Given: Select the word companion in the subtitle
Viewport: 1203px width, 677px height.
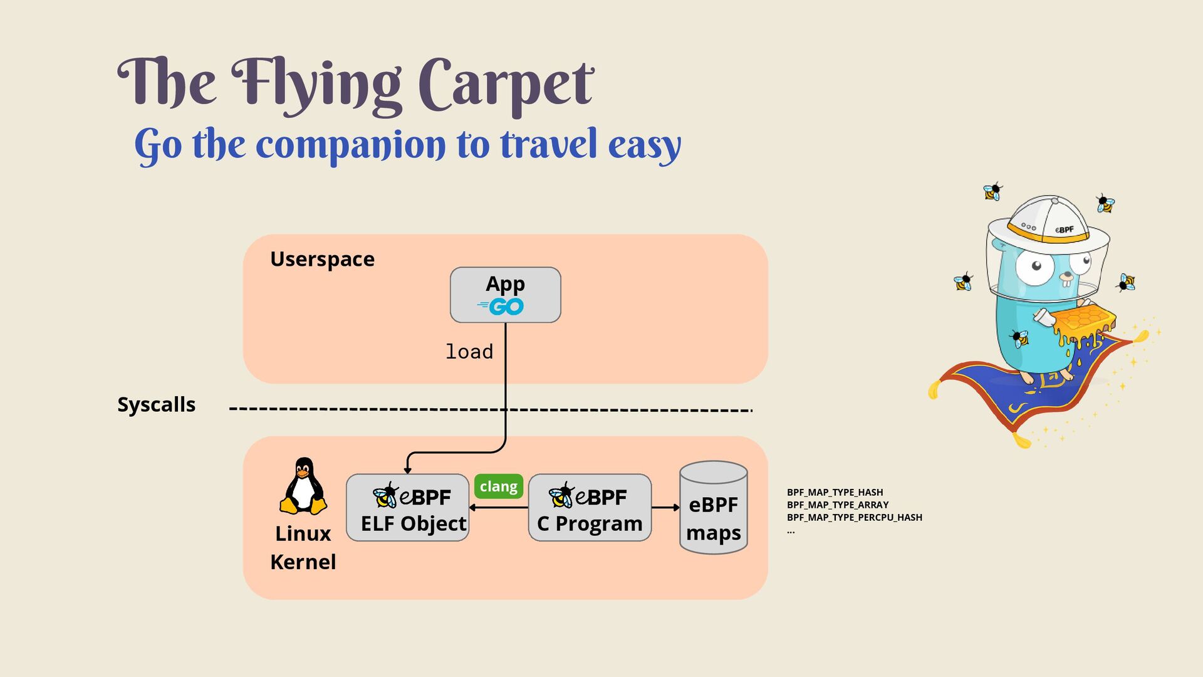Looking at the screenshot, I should tap(351, 145).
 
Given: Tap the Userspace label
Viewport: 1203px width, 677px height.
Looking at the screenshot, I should tap(322, 259).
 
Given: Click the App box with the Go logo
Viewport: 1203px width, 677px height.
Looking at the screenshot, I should tap(505, 295).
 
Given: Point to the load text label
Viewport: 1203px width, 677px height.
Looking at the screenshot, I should tap(469, 352).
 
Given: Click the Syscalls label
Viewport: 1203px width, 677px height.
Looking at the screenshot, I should tap(157, 404).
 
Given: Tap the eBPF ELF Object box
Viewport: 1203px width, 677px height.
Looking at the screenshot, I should tap(408, 508).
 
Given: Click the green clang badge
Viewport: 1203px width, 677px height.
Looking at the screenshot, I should tap(499, 486).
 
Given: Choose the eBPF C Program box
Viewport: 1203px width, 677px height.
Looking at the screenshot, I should tap(590, 508).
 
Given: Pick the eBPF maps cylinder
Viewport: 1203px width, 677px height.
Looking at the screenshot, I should tap(713, 508).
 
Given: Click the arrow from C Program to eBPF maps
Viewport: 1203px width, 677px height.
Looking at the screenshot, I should tap(665, 507).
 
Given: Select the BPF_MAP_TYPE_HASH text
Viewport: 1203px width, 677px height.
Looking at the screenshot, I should tap(835, 493).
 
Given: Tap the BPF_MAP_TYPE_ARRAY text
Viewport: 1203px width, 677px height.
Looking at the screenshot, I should tap(838, 505).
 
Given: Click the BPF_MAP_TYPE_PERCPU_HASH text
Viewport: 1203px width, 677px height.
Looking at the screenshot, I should tap(855, 518).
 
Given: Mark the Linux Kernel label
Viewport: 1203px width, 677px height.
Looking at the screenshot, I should tap(303, 547).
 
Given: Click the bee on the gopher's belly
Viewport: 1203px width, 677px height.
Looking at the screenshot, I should tap(1020, 338).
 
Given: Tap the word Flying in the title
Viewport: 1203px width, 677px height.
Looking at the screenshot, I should tap(317, 85).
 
